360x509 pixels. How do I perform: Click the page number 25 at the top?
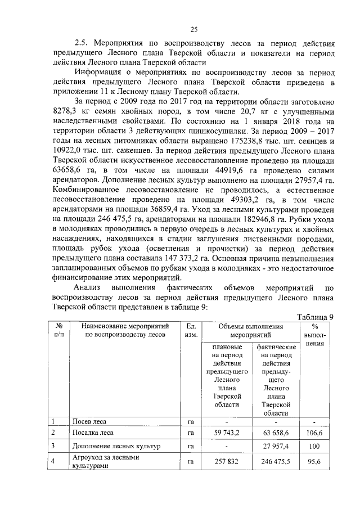pyautogui.click(x=193, y=30)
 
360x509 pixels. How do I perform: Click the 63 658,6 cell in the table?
pyautogui.click(x=276, y=433)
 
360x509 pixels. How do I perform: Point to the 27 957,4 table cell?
pyautogui.click(x=276, y=447)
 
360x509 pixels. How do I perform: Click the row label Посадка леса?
pyautogui.click(x=93, y=433)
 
